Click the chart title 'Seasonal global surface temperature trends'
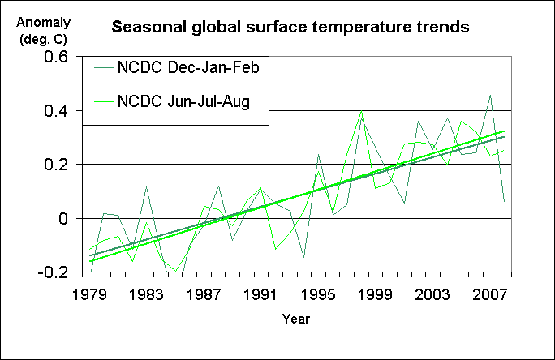click(x=290, y=28)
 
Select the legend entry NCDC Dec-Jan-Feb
click(x=187, y=69)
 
